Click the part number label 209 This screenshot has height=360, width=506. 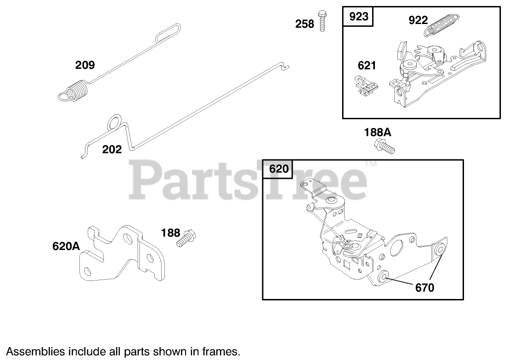point(85,65)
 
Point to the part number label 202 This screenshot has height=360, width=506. point(112,149)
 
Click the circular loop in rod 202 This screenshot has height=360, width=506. point(114,124)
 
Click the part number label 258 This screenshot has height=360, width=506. point(305,24)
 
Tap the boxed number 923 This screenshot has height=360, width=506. point(359,17)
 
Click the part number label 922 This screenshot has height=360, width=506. point(418,20)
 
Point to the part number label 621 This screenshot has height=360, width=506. point(367,66)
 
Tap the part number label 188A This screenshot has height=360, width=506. point(378,133)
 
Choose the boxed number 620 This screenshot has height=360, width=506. point(278,169)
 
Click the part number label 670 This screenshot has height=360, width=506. point(425,287)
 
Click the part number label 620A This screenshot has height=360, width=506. point(66,247)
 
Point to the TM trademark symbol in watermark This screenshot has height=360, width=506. point(371,164)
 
